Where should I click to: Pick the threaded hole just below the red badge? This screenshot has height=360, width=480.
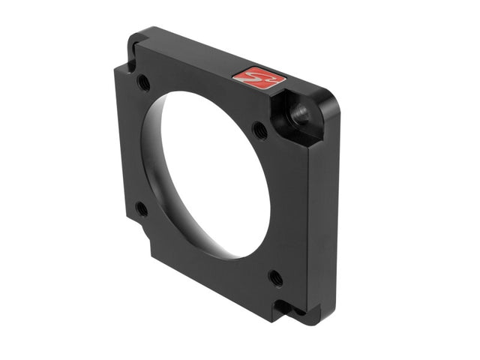click(259, 129)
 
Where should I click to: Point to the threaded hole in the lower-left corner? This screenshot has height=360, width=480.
click(141, 208)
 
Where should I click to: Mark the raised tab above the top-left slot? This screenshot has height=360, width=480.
click(139, 37)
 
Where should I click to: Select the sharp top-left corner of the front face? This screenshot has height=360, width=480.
click(115, 67)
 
